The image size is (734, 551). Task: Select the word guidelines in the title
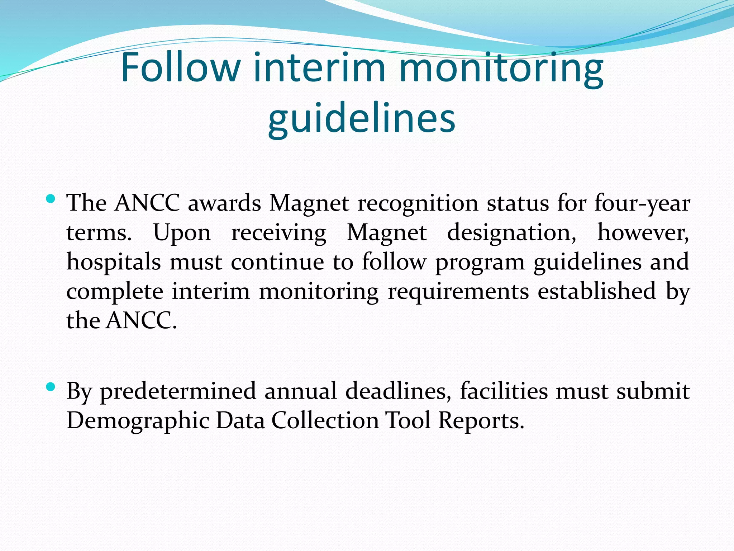pyautogui.click(x=362, y=118)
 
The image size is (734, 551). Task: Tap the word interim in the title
pyautogui.click(x=319, y=67)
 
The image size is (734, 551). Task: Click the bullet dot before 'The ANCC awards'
pyautogui.click(x=51, y=198)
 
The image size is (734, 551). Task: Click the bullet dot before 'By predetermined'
pyautogui.click(x=51, y=386)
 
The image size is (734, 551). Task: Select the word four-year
pyautogui.click(x=642, y=203)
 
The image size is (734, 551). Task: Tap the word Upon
pyautogui.click(x=182, y=233)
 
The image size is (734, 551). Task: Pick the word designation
pyautogui.click(x=511, y=233)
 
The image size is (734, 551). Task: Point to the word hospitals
pyautogui.click(x=114, y=262)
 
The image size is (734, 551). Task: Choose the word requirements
pyautogui.click(x=458, y=291)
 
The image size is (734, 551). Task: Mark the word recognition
pyautogui.click(x=418, y=203)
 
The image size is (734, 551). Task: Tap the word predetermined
pyautogui.click(x=178, y=391)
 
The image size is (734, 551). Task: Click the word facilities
pyautogui.click(x=504, y=391)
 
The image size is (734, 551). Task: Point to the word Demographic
pyautogui.click(x=138, y=421)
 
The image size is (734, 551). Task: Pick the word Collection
pyautogui.click(x=325, y=421)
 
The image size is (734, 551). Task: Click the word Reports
pyautogui.click(x=481, y=421)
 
